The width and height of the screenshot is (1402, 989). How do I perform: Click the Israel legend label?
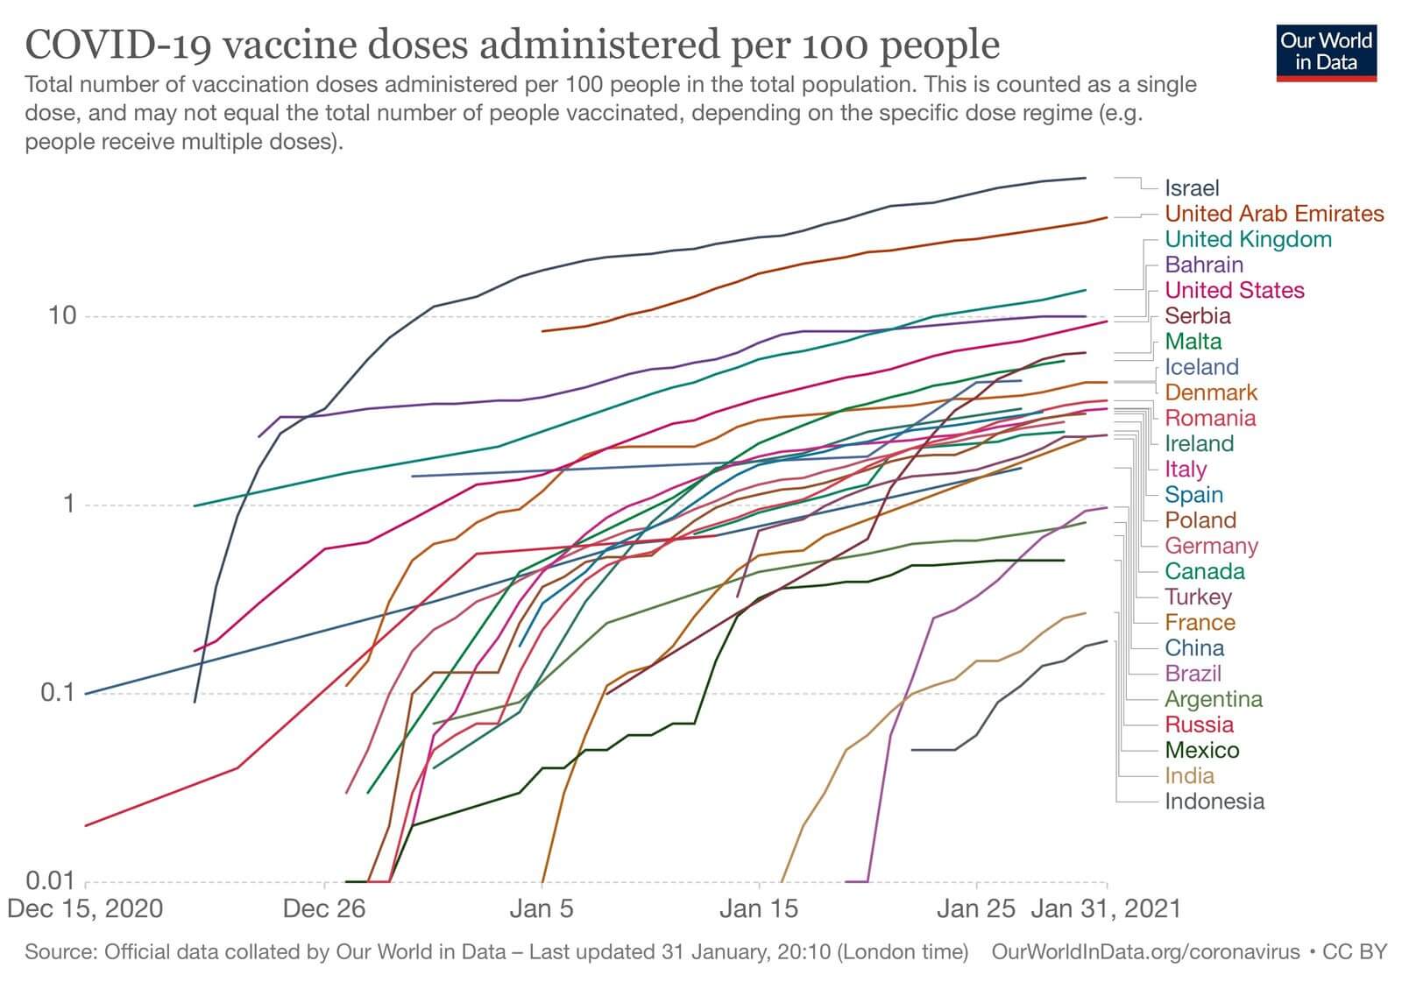click(x=1192, y=188)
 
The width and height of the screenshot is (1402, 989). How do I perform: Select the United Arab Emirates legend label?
click(x=1274, y=214)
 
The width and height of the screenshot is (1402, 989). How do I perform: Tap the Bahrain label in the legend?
click(x=1204, y=265)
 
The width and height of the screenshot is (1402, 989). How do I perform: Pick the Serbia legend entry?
click(x=1198, y=316)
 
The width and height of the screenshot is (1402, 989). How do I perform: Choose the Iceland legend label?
click(x=1201, y=367)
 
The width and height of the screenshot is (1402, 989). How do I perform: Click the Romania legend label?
click(x=1210, y=418)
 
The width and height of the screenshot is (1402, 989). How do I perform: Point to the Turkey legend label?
click(x=1198, y=597)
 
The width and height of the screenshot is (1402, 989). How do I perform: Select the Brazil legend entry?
click(x=1193, y=674)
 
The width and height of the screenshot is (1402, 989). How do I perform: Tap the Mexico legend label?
click(x=1202, y=751)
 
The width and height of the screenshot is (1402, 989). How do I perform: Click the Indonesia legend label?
click(x=1214, y=802)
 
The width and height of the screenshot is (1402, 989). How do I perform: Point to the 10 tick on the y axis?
click(x=62, y=316)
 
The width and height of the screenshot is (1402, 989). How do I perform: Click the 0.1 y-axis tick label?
click(x=59, y=693)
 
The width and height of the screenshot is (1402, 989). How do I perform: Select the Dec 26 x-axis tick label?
click(x=324, y=908)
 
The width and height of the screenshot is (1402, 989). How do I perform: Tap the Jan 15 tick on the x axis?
click(x=759, y=908)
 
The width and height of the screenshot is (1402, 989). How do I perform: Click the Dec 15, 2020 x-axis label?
click(x=85, y=908)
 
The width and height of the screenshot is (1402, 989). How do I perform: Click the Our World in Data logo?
click(x=1326, y=53)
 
